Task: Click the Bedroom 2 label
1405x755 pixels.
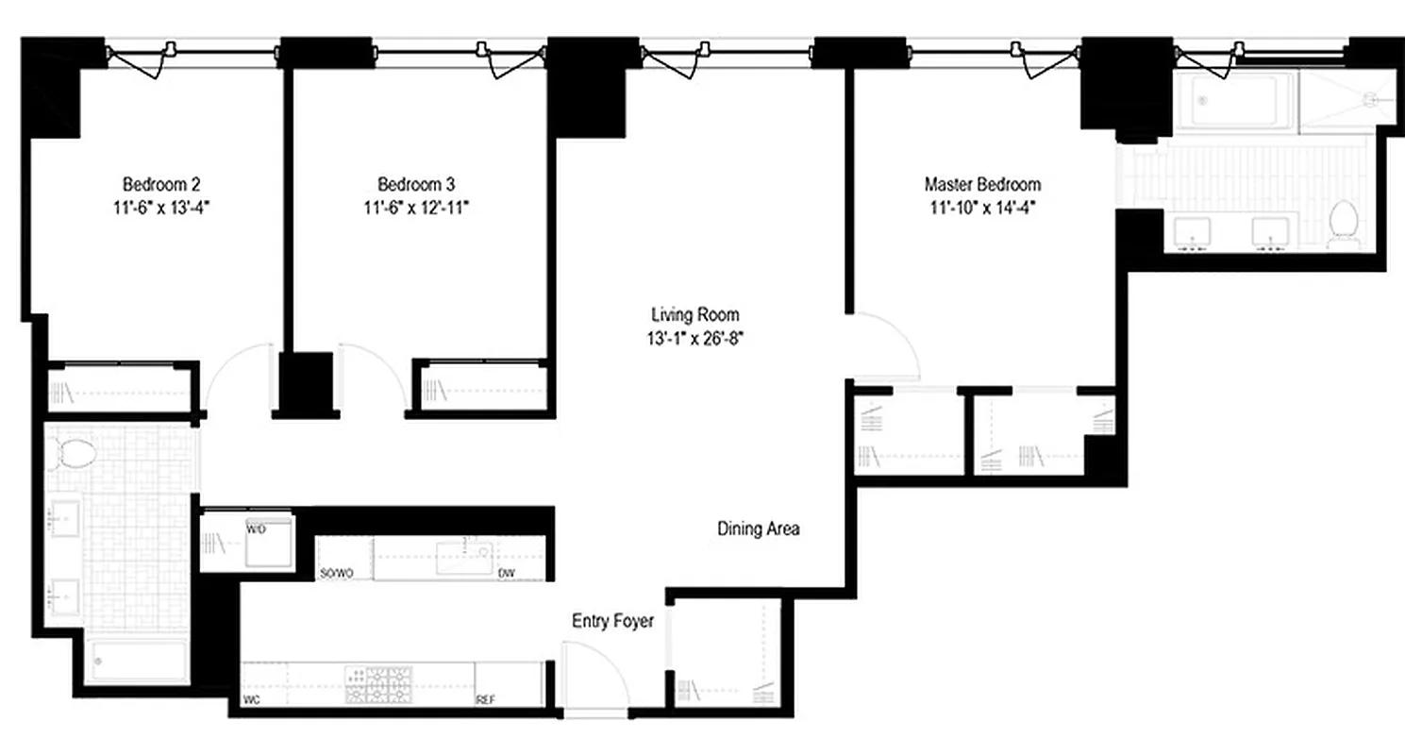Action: (x=160, y=184)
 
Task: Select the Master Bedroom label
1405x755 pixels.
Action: (x=982, y=184)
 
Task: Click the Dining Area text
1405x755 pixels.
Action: (x=758, y=529)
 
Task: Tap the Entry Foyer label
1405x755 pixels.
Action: (x=612, y=622)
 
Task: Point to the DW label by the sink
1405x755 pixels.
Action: (x=506, y=573)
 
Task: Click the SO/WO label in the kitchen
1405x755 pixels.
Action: (x=337, y=573)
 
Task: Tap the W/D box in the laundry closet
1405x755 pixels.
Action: (x=267, y=542)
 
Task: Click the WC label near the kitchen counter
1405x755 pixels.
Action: (x=251, y=700)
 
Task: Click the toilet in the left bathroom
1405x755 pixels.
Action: (x=76, y=453)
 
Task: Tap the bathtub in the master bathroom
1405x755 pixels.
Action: (x=1233, y=101)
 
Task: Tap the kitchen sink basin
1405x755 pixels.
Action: (x=463, y=557)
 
